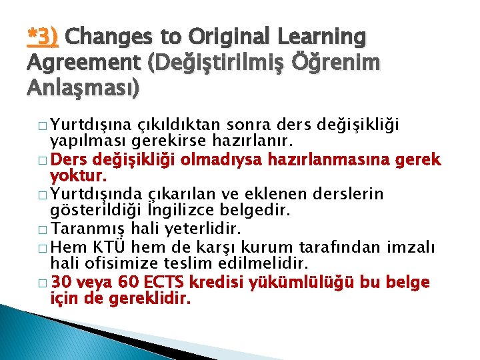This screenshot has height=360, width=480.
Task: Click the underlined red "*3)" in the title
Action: pyautogui.click(x=43, y=37)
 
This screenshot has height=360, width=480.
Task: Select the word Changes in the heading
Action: pyautogui.click(x=105, y=37)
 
